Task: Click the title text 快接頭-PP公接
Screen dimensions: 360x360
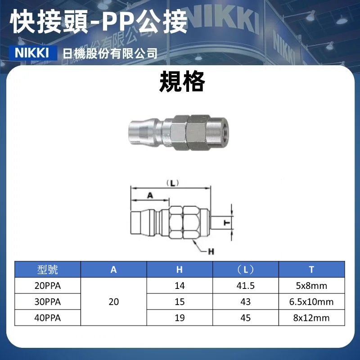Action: [99, 22]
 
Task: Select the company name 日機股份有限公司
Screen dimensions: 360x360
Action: [110, 54]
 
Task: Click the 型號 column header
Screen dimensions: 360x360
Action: [47, 270]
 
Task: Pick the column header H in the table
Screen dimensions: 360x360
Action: [180, 270]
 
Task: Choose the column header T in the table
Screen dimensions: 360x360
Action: [311, 270]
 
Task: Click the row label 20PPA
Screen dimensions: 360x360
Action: [47, 286]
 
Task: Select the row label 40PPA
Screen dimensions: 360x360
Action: [47, 317]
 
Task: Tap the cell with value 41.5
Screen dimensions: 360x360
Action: [246, 286]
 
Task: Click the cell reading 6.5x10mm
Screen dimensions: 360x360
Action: [311, 301]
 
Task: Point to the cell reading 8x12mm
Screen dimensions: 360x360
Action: [311, 318]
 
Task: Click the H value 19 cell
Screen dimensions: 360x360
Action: [180, 318]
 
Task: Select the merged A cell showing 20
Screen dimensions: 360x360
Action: [114, 301]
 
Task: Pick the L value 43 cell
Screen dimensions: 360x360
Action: [246, 301]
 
